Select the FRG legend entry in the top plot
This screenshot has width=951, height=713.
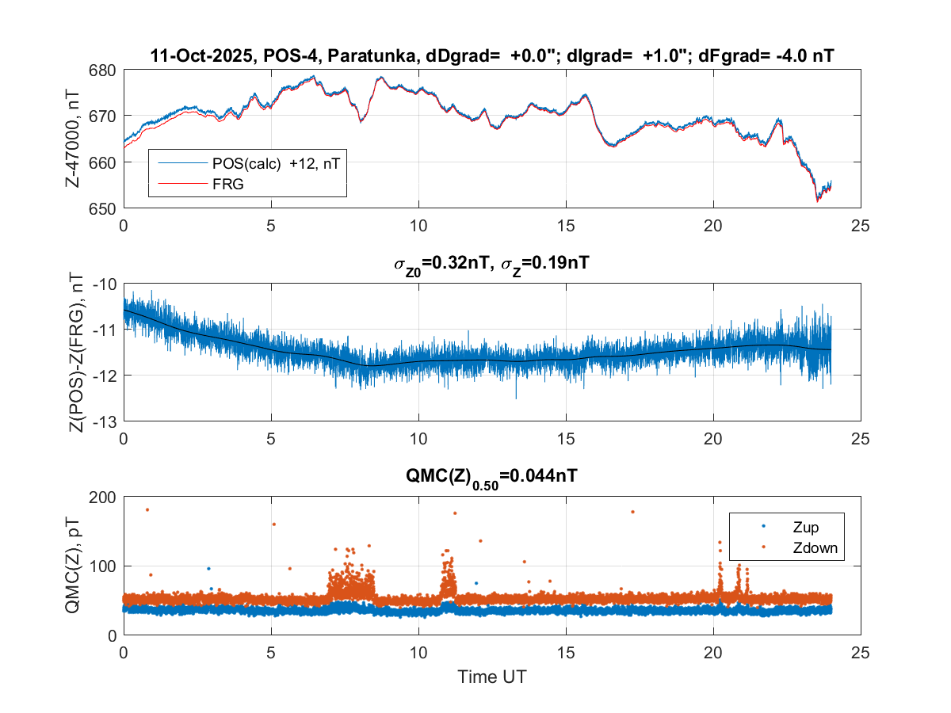[229, 184]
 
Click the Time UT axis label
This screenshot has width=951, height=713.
[491, 677]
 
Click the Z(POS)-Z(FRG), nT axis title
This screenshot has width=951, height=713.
[77, 353]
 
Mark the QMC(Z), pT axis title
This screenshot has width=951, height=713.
[77, 566]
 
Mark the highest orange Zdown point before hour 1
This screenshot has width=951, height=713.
[147, 509]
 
